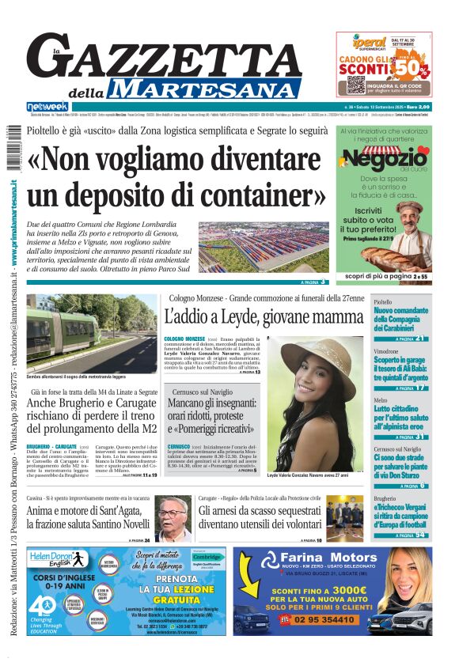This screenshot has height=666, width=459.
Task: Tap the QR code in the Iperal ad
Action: coord(355,85)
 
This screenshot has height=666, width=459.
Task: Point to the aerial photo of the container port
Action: coord(264,247)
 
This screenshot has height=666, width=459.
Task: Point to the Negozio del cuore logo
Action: coord(385,160)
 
